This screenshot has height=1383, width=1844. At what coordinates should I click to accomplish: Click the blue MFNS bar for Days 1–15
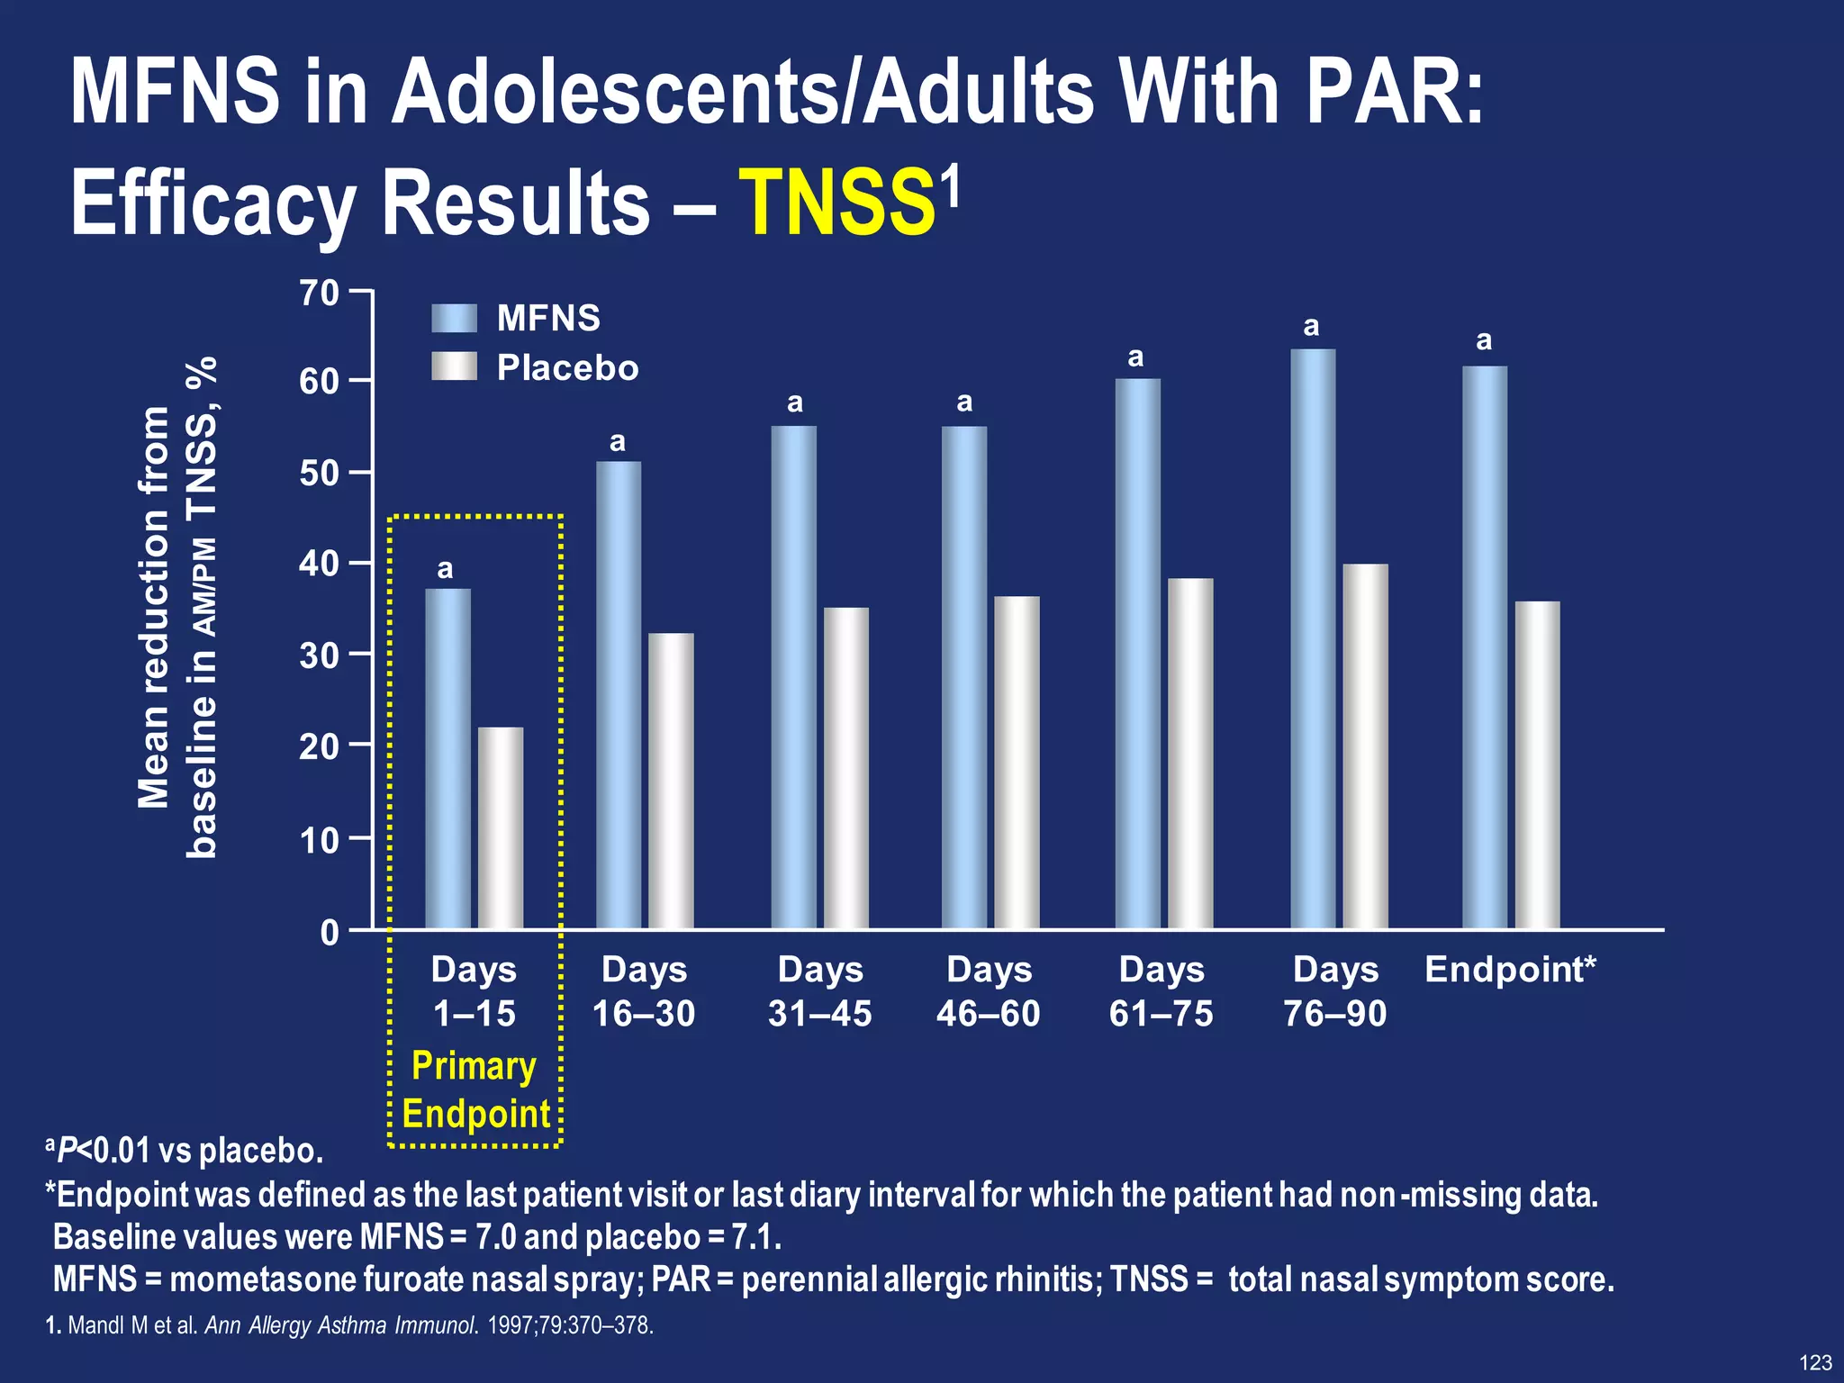click(447, 758)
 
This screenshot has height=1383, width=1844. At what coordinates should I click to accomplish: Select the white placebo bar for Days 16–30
click(671, 781)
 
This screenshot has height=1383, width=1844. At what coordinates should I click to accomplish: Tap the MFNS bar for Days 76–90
click(1313, 638)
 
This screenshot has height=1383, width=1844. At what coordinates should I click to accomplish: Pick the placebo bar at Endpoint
click(1537, 764)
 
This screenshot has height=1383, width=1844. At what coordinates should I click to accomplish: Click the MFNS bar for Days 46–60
click(964, 677)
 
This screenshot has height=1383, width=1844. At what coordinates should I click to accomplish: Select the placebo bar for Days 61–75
click(1190, 753)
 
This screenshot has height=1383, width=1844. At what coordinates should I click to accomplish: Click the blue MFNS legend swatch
click(454, 318)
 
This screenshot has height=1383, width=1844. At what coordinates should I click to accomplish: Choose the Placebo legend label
click(567, 367)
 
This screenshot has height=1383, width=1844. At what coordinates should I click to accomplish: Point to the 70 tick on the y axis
click(320, 293)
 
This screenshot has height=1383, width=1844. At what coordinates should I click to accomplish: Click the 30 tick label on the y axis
click(320, 655)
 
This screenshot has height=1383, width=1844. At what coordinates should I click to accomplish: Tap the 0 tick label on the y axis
click(330, 932)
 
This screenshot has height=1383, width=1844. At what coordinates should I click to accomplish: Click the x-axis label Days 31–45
click(819, 991)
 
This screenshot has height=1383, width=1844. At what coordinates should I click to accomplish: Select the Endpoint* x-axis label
click(1510, 970)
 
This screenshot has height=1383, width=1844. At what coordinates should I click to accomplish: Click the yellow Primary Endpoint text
click(475, 1089)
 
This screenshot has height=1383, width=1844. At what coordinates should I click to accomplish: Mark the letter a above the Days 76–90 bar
click(1311, 326)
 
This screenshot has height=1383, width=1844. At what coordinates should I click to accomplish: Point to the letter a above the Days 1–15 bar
click(445, 569)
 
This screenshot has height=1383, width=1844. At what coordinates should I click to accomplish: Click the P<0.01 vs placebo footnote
click(185, 1151)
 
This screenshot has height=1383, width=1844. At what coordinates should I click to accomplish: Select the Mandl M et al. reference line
click(349, 1325)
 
